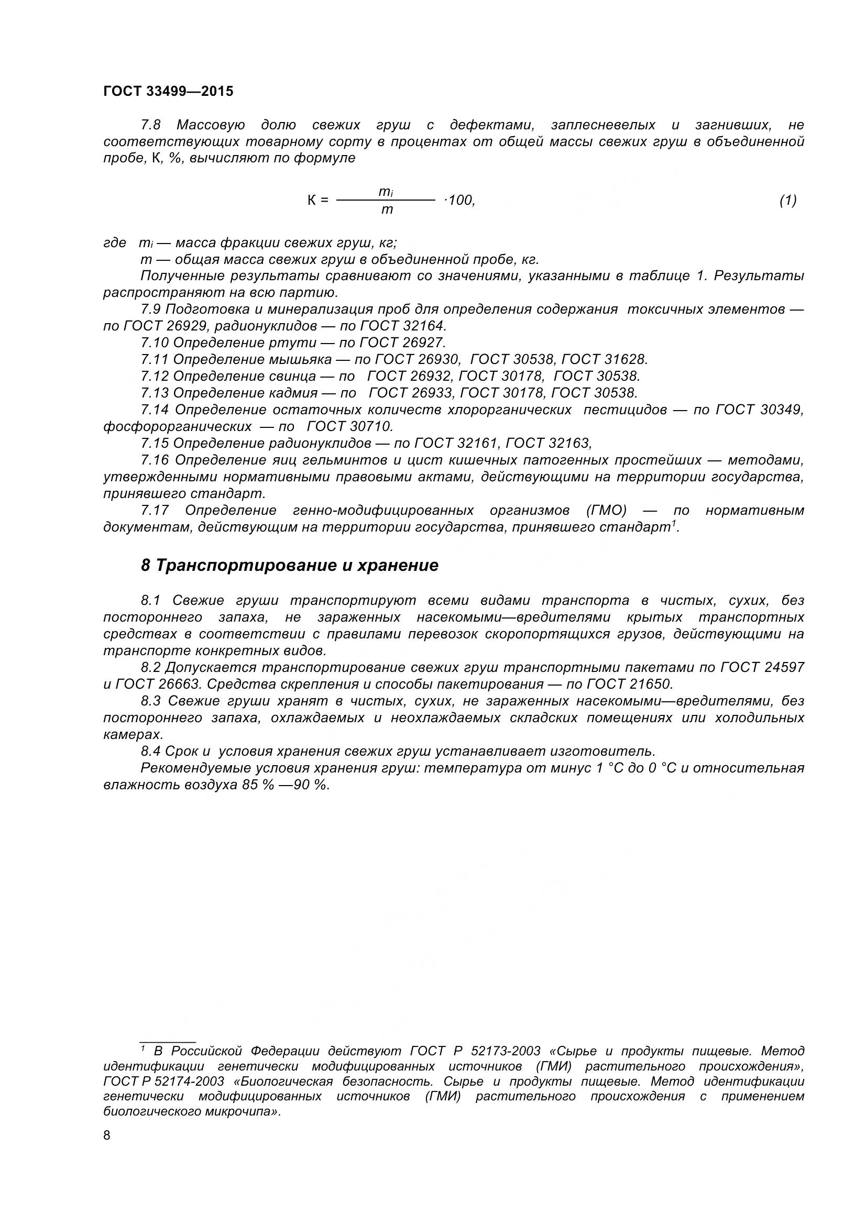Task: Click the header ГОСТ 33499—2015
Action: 168,92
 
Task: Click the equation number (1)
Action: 787,200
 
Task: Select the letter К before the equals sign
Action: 312,201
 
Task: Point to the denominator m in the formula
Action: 387,209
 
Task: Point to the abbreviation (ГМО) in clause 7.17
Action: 606,511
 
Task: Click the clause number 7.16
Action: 155,460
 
